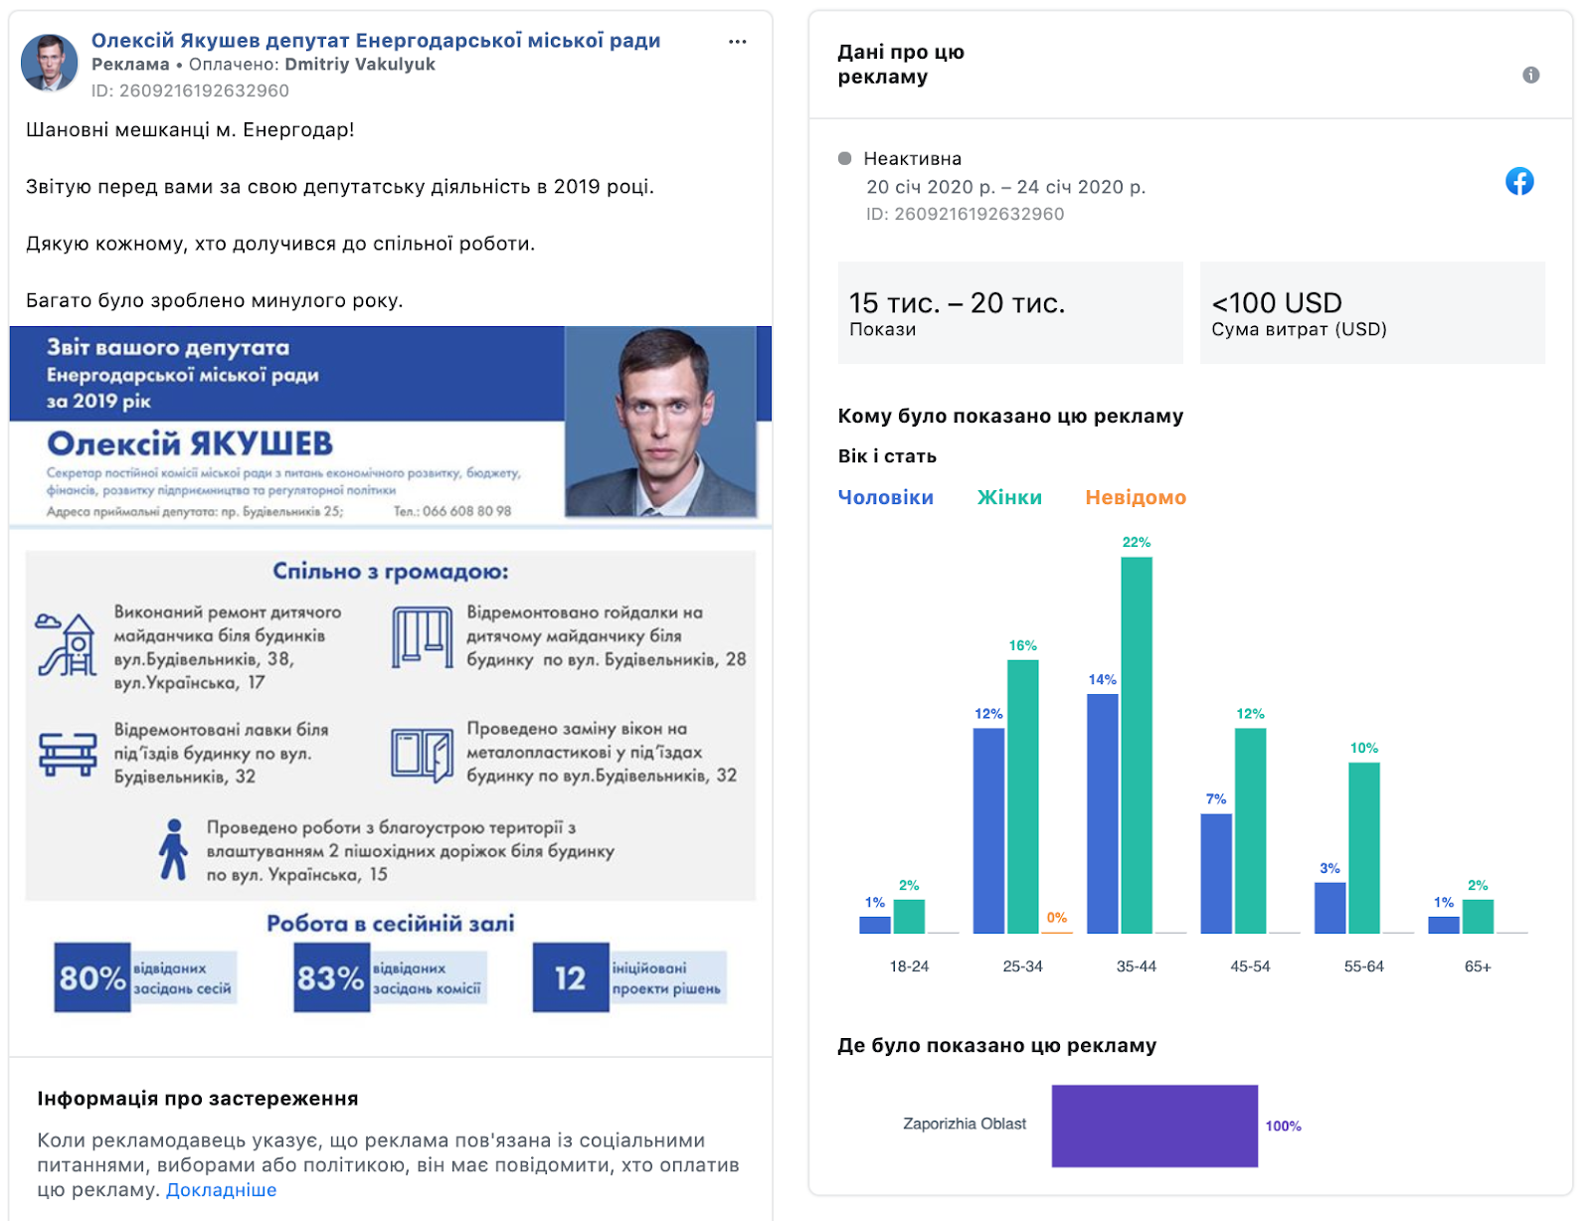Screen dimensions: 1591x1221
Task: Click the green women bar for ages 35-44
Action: click(x=1137, y=745)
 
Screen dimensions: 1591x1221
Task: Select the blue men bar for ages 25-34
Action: click(x=988, y=831)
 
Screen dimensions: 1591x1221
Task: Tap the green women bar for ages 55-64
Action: click(x=1364, y=848)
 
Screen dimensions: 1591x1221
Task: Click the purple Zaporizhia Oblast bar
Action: click(x=1154, y=1126)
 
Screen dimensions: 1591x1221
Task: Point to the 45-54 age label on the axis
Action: click(x=1250, y=966)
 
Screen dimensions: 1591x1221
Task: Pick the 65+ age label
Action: click(x=1478, y=966)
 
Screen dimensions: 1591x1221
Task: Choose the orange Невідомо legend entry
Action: click(x=1136, y=498)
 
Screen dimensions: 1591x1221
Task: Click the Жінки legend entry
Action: click(x=1009, y=498)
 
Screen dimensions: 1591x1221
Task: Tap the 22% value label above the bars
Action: click(x=1137, y=543)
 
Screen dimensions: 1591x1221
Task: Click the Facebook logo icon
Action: click(x=1519, y=182)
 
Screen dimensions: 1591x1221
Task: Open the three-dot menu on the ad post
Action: click(x=737, y=42)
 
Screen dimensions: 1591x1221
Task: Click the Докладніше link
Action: click(x=221, y=1189)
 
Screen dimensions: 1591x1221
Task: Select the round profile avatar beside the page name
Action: click(x=49, y=63)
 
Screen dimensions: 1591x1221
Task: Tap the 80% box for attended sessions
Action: click(x=92, y=977)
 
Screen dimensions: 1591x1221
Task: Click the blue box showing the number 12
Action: click(x=571, y=977)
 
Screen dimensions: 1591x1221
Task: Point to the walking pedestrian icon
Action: click(x=174, y=849)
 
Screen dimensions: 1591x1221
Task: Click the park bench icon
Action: click(x=68, y=754)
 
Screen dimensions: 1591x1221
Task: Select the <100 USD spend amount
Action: click(x=1277, y=302)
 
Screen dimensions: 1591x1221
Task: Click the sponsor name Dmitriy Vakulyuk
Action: click(x=360, y=65)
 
